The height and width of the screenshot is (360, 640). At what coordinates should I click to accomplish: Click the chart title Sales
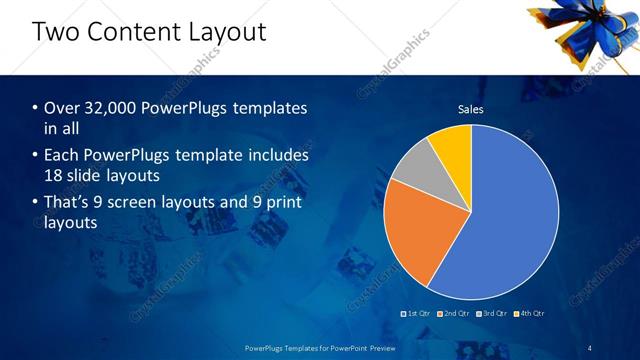[x=470, y=109]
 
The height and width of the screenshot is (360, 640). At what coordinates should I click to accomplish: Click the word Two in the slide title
[x=58, y=32]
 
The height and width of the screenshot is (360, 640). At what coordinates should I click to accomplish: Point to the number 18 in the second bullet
[x=55, y=175]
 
